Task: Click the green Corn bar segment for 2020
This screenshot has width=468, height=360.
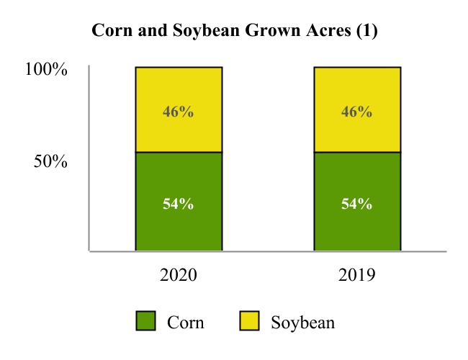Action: point(179,223)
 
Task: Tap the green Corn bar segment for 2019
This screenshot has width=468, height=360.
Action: point(356,223)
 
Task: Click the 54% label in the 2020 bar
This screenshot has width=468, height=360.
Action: point(179,204)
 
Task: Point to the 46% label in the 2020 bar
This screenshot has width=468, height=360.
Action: point(179,112)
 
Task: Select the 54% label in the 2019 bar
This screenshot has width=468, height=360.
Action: point(356,204)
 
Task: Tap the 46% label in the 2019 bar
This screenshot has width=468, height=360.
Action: point(356,112)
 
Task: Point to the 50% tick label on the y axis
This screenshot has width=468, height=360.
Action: point(50,161)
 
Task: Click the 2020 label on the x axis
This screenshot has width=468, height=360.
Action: point(178,275)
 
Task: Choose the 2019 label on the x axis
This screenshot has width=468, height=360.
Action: point(356,275)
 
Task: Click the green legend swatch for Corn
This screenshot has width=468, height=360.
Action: point(146,321)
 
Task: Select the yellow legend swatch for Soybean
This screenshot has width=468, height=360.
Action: point(250,321)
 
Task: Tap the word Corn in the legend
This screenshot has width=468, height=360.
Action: point(185,322)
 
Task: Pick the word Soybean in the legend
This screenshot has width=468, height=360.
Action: point(302,322)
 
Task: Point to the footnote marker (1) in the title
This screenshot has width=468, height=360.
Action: point(365,32)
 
